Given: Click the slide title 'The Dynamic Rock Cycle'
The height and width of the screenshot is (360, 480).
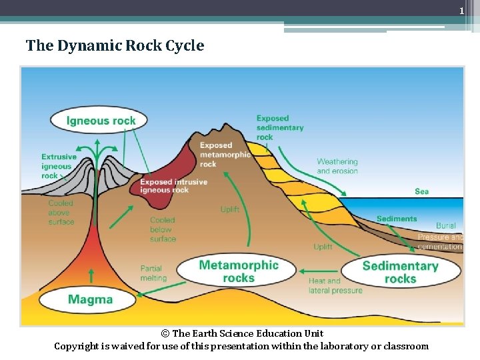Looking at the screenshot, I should click(x=115, y=46).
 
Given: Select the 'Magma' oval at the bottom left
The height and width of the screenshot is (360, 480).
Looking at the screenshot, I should click(x=90, y=299).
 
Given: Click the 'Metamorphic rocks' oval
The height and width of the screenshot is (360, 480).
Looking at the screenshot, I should click(x=239, y=271).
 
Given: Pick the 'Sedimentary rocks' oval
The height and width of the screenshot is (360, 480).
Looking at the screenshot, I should click(x=401, y=272).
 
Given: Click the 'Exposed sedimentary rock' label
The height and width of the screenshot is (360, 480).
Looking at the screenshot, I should click(x=279, y=127).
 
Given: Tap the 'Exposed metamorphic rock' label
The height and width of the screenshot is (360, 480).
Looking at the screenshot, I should click(x=225, y=154).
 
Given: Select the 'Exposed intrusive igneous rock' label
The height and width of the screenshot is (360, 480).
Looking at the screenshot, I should click(x=173, y=186).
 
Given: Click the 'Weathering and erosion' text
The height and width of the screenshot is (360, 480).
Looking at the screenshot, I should click(x=337, y=166).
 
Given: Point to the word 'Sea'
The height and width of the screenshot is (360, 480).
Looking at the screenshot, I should click(x=421, y=191).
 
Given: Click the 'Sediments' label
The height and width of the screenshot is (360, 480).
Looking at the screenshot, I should click(x=396, y=219).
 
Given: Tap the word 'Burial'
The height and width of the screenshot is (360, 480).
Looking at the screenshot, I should click(x=446, y=226).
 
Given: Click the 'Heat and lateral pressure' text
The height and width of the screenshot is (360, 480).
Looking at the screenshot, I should click(x=335, y=285).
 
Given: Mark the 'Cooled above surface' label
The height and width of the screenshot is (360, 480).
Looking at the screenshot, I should click(x=61, y=213).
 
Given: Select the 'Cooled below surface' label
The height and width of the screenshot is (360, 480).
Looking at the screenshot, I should click(x=163, y=229).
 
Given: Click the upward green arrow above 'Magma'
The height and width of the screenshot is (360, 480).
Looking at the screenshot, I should click(x=91, y=276).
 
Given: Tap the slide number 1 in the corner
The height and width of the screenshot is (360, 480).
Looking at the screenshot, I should click(x=461, y=11).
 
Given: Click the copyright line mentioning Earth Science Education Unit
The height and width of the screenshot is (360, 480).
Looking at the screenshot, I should click(x=241, y=333).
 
